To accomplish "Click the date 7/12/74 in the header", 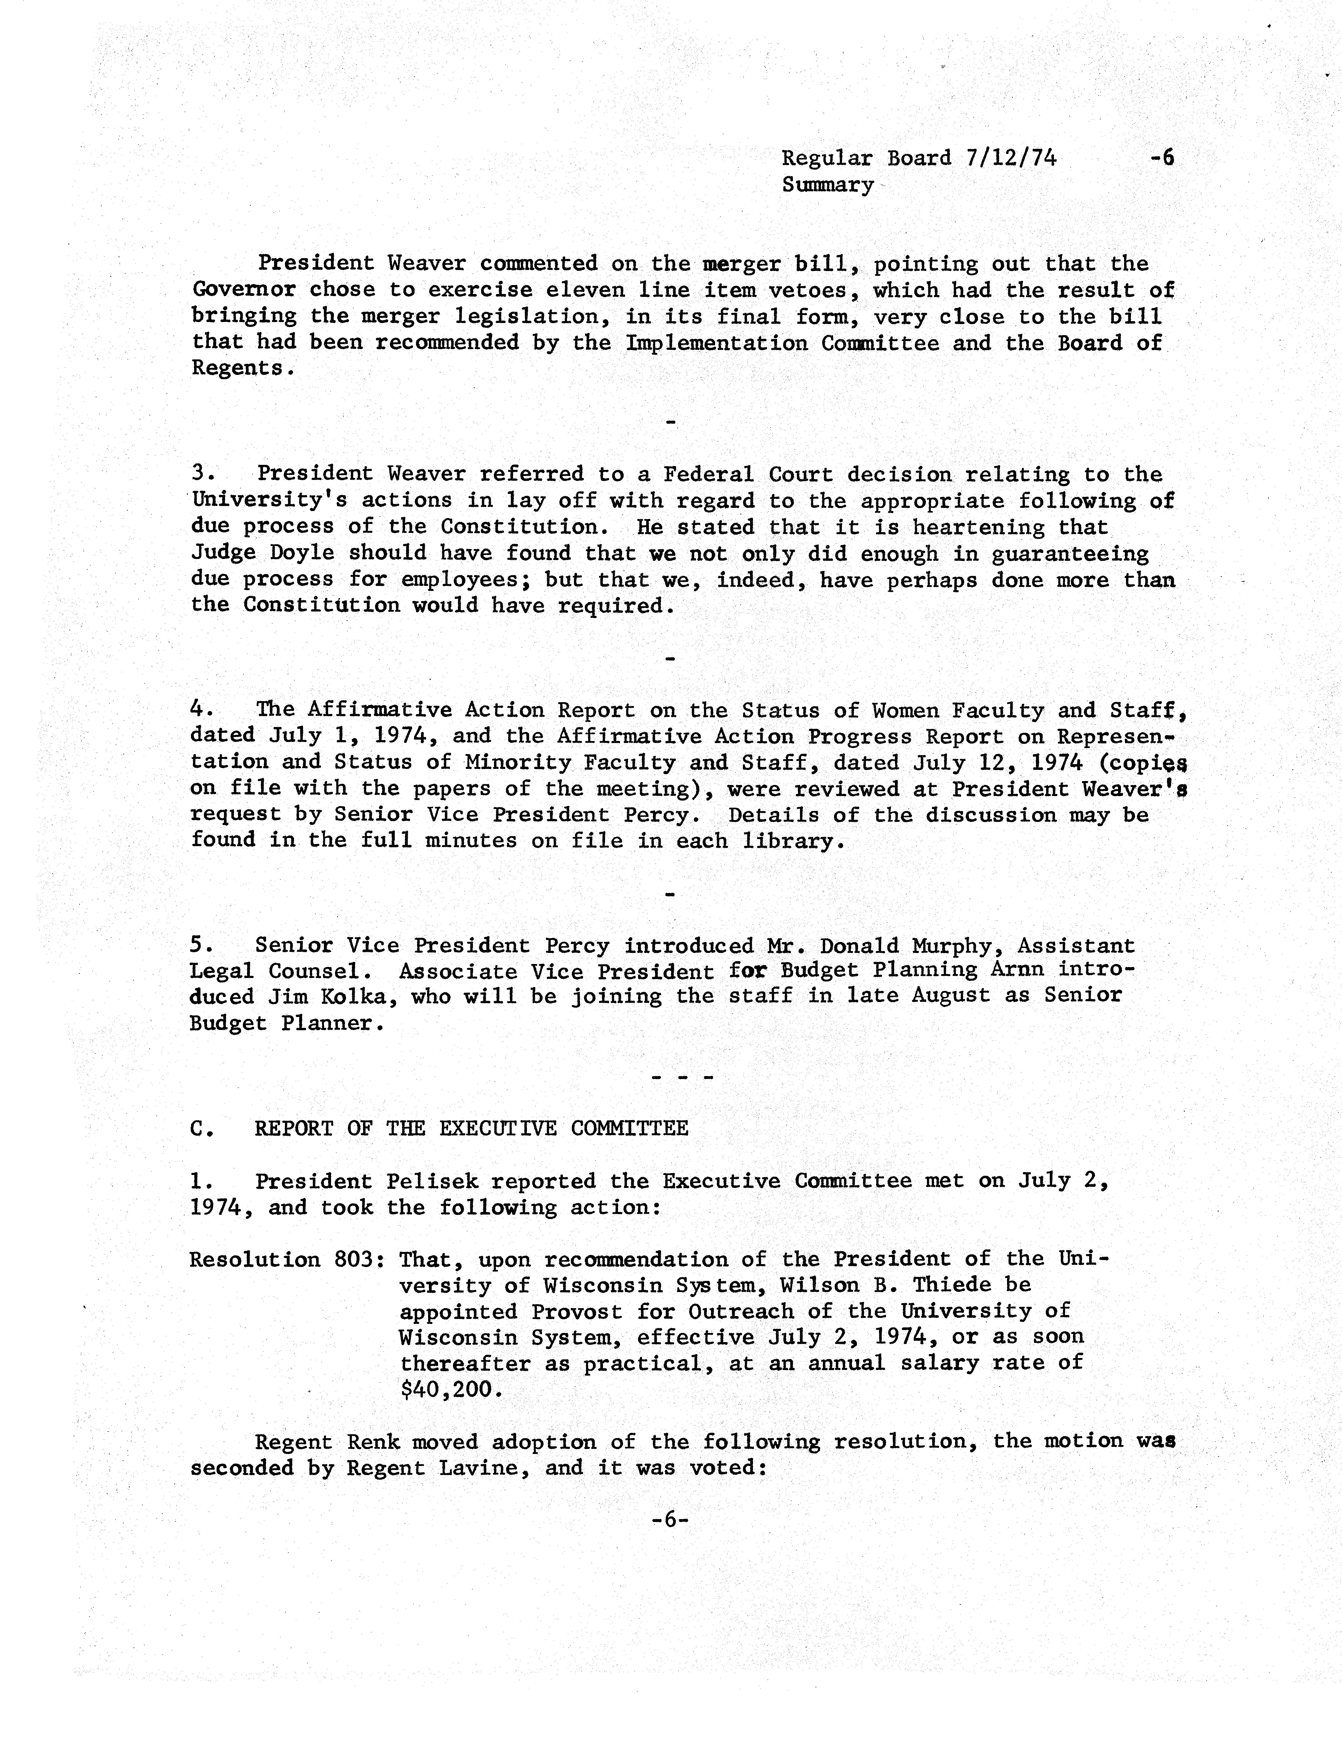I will [x=1010, y=158].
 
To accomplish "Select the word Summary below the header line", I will [x=828, y=185].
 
